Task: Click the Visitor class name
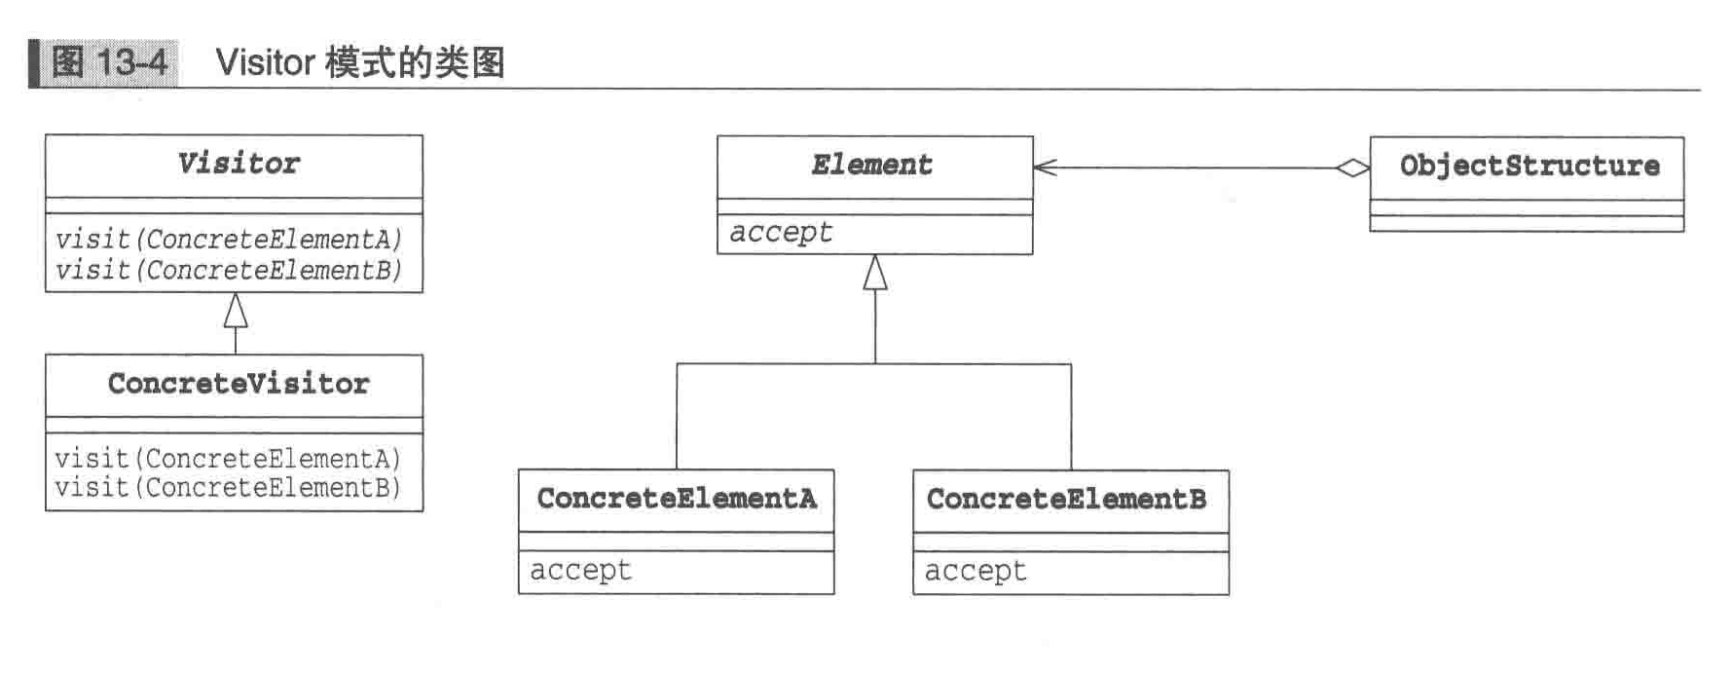[x=239, y=164]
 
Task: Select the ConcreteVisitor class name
[x=239, y=384]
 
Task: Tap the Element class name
[x=872, y=166]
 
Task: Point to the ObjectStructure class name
[x=1529, y=167]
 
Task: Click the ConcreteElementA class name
[x=677, y=499]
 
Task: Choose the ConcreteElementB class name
[x=1067, y=500]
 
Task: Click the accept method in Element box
[x=781, y=233]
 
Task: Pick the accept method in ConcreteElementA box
[x=581, y=571]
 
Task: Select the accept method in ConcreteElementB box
[x=976, y=572]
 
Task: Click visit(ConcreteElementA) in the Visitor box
[x=229, y=240]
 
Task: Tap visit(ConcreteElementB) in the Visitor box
[x=229, y=270]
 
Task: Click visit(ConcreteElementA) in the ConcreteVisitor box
[x=229, y=459]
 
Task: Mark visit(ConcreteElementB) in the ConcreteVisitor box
[x=229, y=487]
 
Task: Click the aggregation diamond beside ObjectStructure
[x=1352, y=168]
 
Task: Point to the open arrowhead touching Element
[x=1044, y=168]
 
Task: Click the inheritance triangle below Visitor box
[x=236, y=311]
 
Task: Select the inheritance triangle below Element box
[x=875, y=274]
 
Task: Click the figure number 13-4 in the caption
[x=131, y=63]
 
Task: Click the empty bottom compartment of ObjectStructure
[x=1526, y=224]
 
